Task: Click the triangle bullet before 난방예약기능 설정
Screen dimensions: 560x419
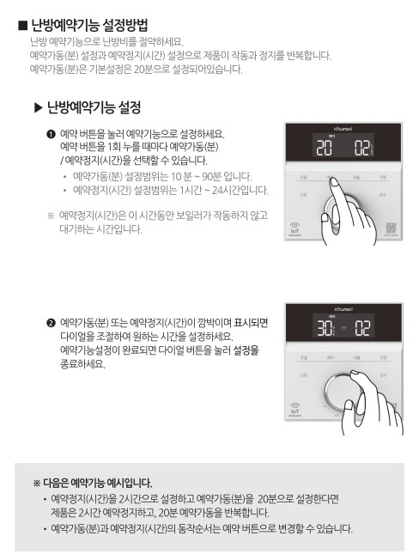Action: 38,108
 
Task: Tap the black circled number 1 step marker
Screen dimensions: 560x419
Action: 52,135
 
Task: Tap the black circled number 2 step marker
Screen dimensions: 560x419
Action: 52,324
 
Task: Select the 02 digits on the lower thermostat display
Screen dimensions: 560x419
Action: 362,328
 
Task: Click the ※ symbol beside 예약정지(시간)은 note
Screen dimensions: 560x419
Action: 51,214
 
